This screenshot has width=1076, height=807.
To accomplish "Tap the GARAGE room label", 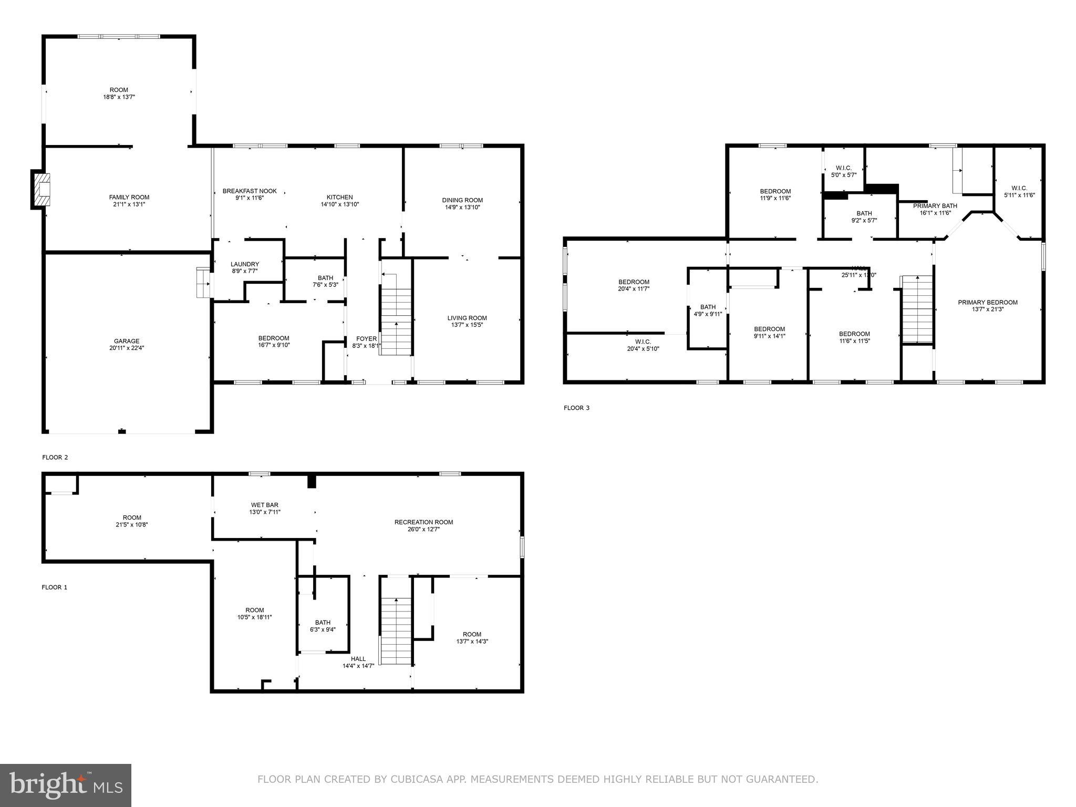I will pos(127,341).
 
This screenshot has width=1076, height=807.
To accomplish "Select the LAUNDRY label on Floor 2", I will pos(245,264).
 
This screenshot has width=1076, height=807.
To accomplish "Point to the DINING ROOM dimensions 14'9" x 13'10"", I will pos(462,207).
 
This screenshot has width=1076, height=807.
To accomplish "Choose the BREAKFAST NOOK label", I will pos(250,191).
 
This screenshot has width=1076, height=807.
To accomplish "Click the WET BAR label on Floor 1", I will pos(265,505).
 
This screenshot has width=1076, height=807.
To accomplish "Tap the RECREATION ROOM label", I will pos(423,522).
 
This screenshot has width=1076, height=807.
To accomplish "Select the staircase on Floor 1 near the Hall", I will pos(396,630).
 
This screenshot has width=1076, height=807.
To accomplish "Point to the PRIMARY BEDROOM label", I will pos(988,302).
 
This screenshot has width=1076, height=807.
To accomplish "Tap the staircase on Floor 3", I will pos(917,310).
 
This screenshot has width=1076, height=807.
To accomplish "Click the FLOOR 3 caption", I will pos(576,408).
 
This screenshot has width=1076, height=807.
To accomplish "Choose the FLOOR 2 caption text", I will pos(55,457).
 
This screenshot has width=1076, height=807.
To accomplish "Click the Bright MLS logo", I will pos(66,785).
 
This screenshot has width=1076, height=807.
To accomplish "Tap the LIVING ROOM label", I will pos(467,318).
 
